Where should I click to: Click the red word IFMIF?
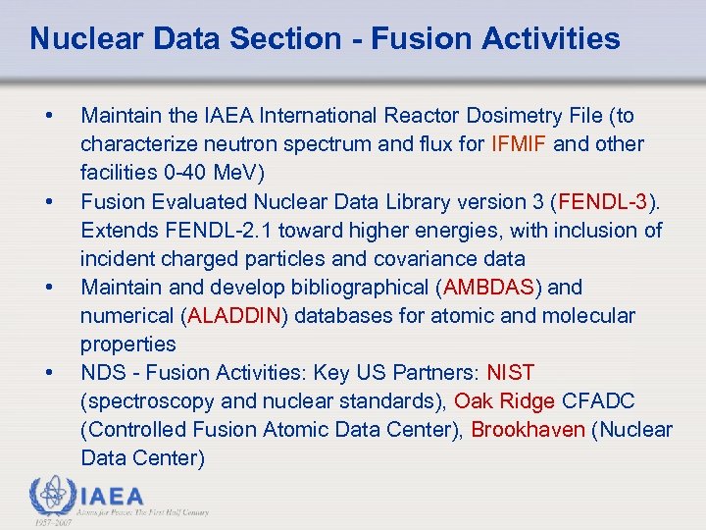point(519,144)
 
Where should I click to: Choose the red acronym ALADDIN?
point(234,316)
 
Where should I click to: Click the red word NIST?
point(510,373)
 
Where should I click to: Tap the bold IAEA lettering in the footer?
point(112,497)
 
